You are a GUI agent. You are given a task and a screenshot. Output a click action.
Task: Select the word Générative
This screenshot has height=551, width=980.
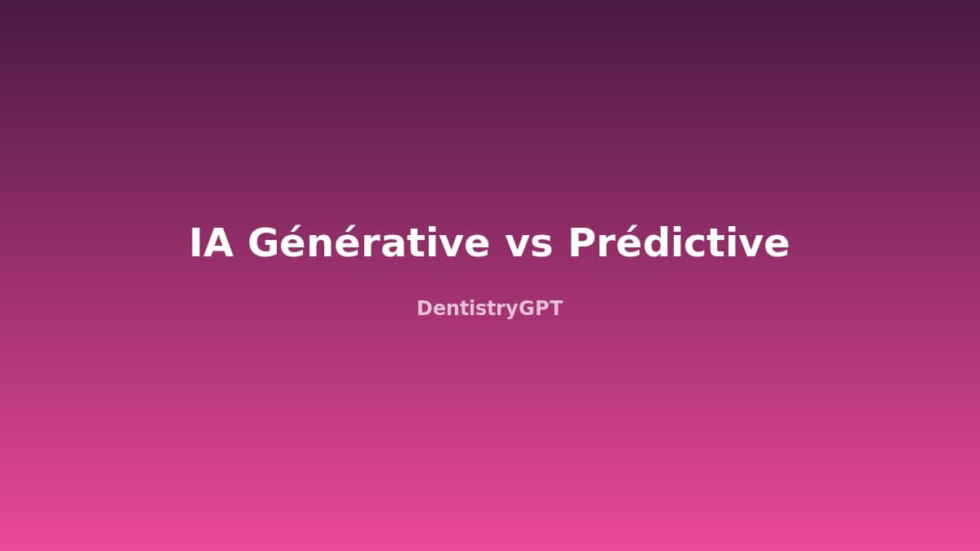[x=368, y=243]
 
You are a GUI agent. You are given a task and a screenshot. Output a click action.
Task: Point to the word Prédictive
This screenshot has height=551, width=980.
[x=679, y=243]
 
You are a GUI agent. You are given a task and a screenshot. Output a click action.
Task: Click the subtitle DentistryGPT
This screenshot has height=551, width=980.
[x=490, y=309]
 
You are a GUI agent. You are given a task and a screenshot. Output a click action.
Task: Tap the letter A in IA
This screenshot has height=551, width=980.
[x=220, y=243]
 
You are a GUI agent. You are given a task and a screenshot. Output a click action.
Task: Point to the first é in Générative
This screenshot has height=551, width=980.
[x=297, y=244]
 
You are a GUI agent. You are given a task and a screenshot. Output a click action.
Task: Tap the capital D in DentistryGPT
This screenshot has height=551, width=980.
[x=424, y=309]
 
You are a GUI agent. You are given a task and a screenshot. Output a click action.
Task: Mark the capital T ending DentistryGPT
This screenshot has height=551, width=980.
[x=556, y=309]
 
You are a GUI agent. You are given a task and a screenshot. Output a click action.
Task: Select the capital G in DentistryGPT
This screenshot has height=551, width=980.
[x=526, y=309]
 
